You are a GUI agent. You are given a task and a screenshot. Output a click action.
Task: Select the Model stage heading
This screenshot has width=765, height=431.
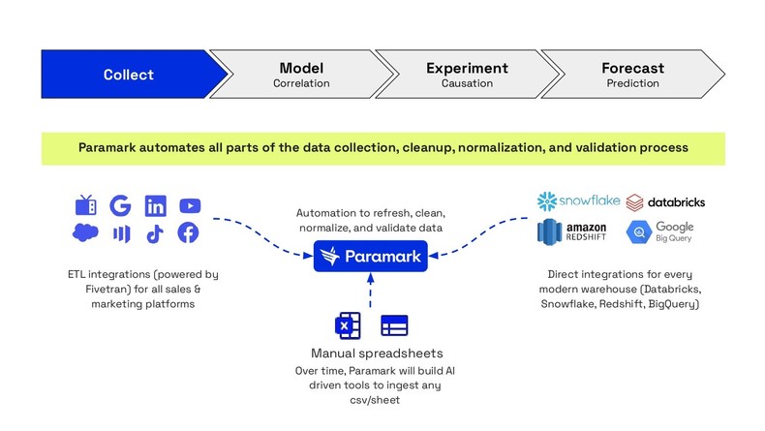(300, 68)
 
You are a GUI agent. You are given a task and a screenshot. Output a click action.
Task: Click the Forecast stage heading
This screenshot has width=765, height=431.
(632, 68)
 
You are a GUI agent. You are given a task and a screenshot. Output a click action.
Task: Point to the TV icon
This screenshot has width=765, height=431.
(86, 205)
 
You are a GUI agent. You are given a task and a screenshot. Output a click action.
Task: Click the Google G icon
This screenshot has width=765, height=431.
(120, 205)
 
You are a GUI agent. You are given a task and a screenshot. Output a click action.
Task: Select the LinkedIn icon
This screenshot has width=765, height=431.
(155, 205)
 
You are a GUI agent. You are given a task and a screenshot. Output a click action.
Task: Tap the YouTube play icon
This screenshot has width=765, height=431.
(190, 205)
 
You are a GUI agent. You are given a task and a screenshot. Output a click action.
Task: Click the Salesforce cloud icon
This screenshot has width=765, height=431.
(86, 233)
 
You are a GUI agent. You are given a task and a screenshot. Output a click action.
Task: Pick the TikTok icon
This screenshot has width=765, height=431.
(155, 233)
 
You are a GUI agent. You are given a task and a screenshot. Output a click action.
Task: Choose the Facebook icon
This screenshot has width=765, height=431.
(189, 233)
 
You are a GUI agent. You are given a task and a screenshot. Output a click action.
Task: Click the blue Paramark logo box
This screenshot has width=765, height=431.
(372, 257)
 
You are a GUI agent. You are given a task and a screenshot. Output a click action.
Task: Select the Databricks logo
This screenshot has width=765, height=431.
(664, 202)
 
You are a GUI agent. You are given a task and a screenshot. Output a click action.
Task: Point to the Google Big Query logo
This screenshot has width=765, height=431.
(660, 233)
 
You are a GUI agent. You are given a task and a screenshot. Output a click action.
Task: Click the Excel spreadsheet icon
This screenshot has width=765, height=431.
(347, 325)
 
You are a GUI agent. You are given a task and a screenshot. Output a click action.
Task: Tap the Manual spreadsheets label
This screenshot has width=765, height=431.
(371, 354)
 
